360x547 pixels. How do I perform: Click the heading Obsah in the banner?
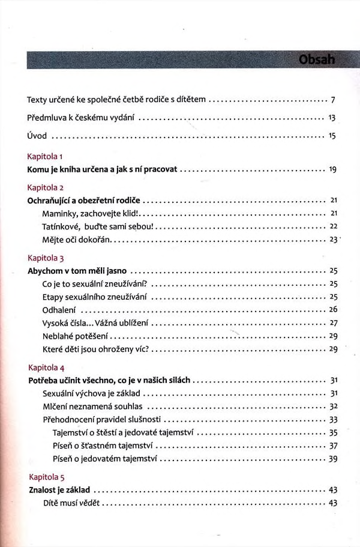click(317, 60)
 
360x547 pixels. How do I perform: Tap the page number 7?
click(332, 99)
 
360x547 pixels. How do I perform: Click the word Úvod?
click(37, 137)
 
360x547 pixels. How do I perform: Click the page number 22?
click(334, 226)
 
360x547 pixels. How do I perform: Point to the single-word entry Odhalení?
click(59, 310)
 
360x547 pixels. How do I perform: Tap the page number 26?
click(334, 309)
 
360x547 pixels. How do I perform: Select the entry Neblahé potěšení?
click(76, 336)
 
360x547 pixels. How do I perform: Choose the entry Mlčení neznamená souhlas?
click(90, 406)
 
